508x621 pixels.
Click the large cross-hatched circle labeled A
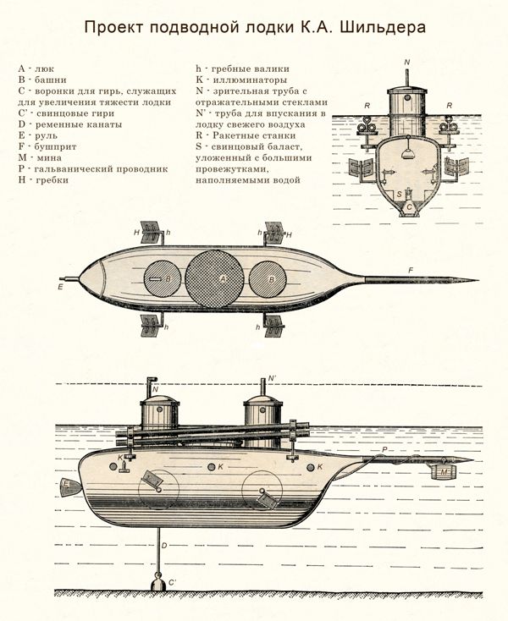pyautogui.click(x=214, y=279)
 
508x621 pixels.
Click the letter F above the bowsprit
pyautogui.click(x=411, y=270)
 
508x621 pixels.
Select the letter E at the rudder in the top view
pyautogui.click(x=60, y=288)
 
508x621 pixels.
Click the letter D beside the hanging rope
pyautogui.click(x=164, y=546)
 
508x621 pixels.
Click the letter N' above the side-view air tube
pyautogui.click(x=272, y=378)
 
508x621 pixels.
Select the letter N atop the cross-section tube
pyautogui.click(x=407, y=63)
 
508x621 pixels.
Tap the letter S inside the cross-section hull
pyautogui.click(x=399, y=194)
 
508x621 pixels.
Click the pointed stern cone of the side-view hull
pyautogui.click(x=70, y=486)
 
